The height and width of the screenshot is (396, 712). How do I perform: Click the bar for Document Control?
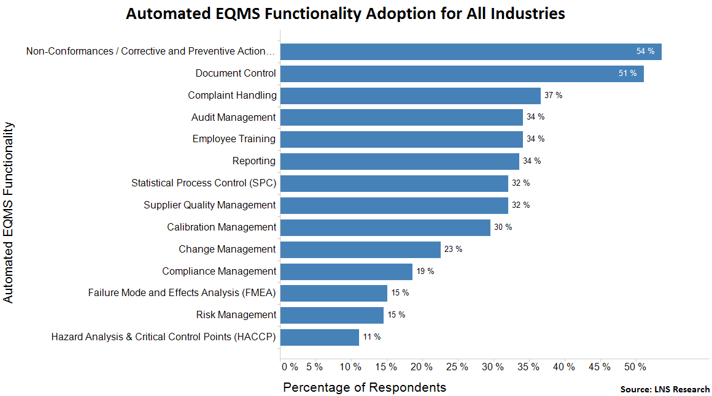[x=462, y=74]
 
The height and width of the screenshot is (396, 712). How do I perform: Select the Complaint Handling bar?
[x=410, y=96]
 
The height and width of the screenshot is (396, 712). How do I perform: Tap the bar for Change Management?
[x=360, y=249]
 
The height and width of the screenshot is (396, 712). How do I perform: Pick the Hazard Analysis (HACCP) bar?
[x=319, y=337]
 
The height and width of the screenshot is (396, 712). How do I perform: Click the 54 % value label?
[x=645, y=51]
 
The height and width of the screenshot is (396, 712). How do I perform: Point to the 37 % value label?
[x=553, y=96]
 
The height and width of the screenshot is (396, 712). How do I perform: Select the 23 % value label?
[x=453, y=249]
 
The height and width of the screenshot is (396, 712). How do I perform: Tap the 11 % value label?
[x=371, y=337]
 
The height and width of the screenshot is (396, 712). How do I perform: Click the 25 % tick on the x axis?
[x=457, y=367]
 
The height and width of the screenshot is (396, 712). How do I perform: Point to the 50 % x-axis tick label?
[x=635, y=367]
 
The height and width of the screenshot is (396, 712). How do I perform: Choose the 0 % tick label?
[x=290, y=367]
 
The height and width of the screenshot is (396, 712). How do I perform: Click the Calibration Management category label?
[x=222, y=227]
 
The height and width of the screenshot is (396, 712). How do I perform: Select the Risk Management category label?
[x=236, y=315]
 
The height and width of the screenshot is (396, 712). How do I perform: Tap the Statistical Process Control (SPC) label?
[x=204, y=183]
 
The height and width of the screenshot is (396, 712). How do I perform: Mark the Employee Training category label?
[x=234, y=139]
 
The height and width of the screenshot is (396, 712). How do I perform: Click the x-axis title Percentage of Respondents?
[x=364, y=387]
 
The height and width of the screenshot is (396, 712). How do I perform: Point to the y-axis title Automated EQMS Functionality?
[x=9, y=212]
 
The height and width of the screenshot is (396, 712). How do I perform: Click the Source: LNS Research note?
[x=665, y=389]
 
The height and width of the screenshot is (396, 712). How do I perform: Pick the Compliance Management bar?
[x=346, y=272]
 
